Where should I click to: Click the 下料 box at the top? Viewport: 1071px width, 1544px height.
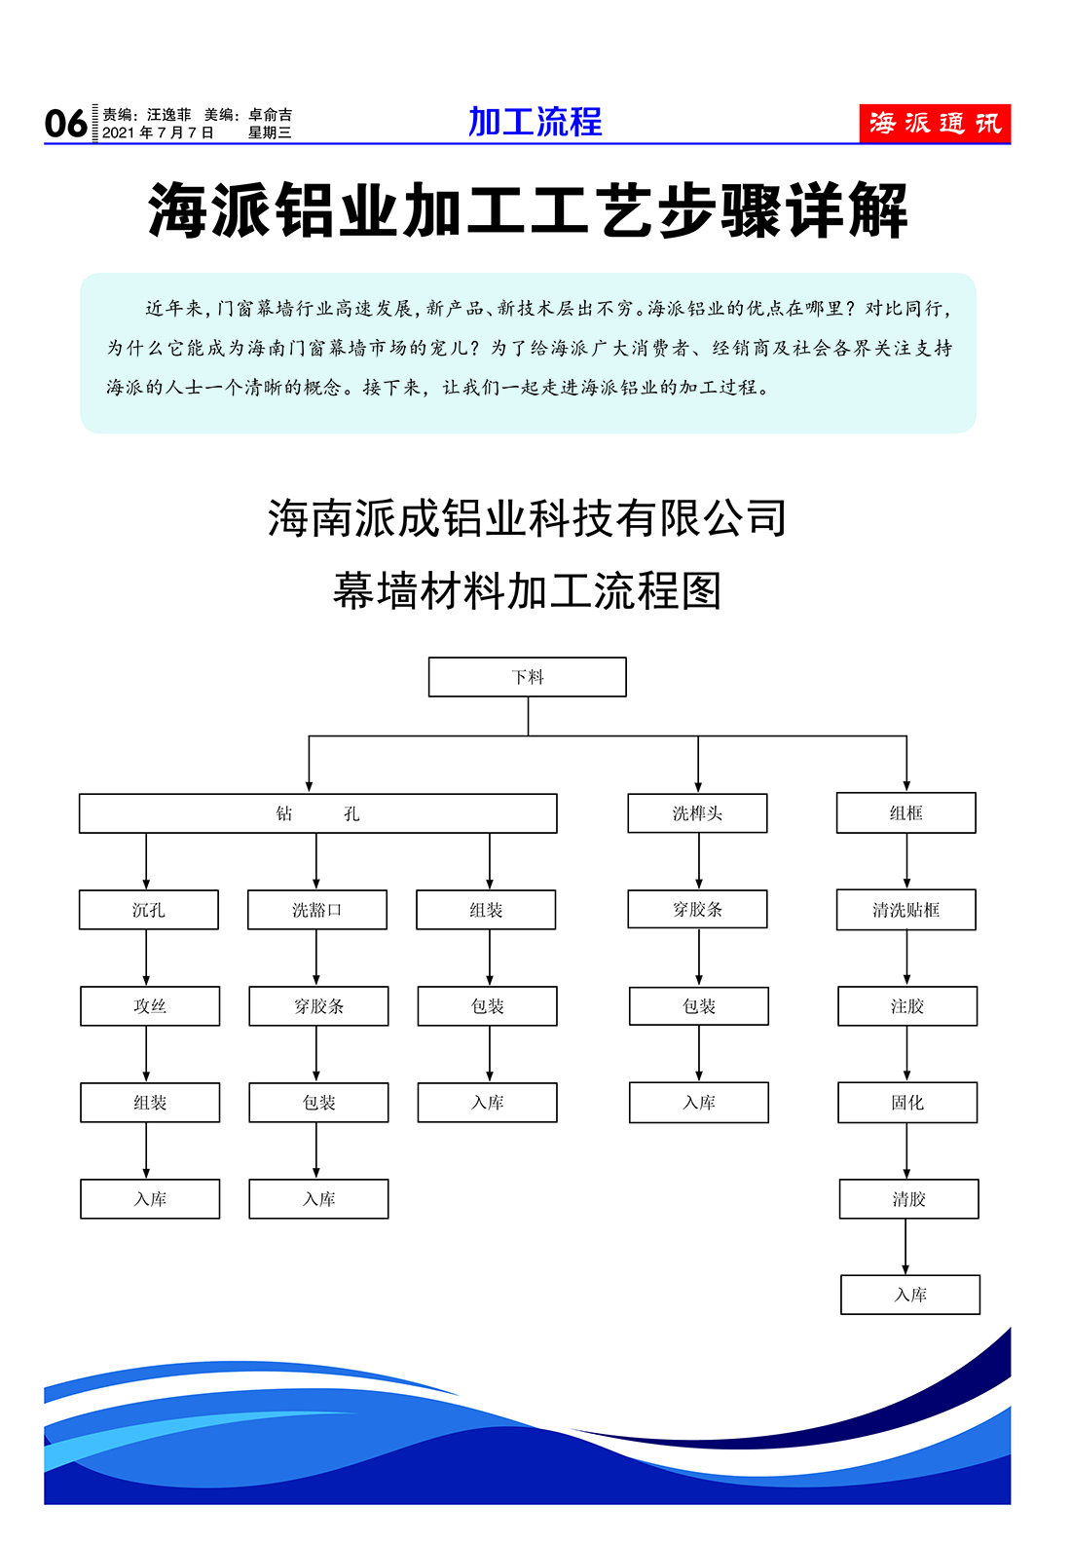(527, 676)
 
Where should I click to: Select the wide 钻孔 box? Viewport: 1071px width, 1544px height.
(317, 813)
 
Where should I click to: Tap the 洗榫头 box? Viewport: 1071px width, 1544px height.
(697, 812)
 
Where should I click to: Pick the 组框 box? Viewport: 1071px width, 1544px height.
(905, 812)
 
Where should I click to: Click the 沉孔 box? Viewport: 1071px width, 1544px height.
(149, 909)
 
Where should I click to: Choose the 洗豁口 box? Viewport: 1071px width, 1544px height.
(316, 909)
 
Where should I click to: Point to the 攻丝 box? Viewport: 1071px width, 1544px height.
(150, 1005)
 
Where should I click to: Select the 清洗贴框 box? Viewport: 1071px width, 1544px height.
(905, 909)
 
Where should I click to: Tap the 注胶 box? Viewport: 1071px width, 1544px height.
(907, 1005)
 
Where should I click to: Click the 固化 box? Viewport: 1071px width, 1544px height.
(907, 1102)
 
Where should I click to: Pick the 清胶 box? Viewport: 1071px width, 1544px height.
(908, 1198)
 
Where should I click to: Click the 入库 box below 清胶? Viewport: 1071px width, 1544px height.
(909, 1295)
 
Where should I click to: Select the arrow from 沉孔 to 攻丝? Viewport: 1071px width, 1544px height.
(146, 958)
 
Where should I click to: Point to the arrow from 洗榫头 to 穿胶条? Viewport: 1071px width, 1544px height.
(698, 861)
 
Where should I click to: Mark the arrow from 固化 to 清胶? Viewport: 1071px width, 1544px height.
(906, 1151)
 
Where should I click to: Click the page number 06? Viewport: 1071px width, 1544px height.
(65, 124)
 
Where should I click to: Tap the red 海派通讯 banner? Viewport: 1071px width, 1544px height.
(935, 124)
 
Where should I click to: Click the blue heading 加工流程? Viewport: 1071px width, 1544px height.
(535, 122)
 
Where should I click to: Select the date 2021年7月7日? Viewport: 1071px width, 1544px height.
(158, 132)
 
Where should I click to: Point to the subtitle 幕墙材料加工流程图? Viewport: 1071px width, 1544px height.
(527, 590)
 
